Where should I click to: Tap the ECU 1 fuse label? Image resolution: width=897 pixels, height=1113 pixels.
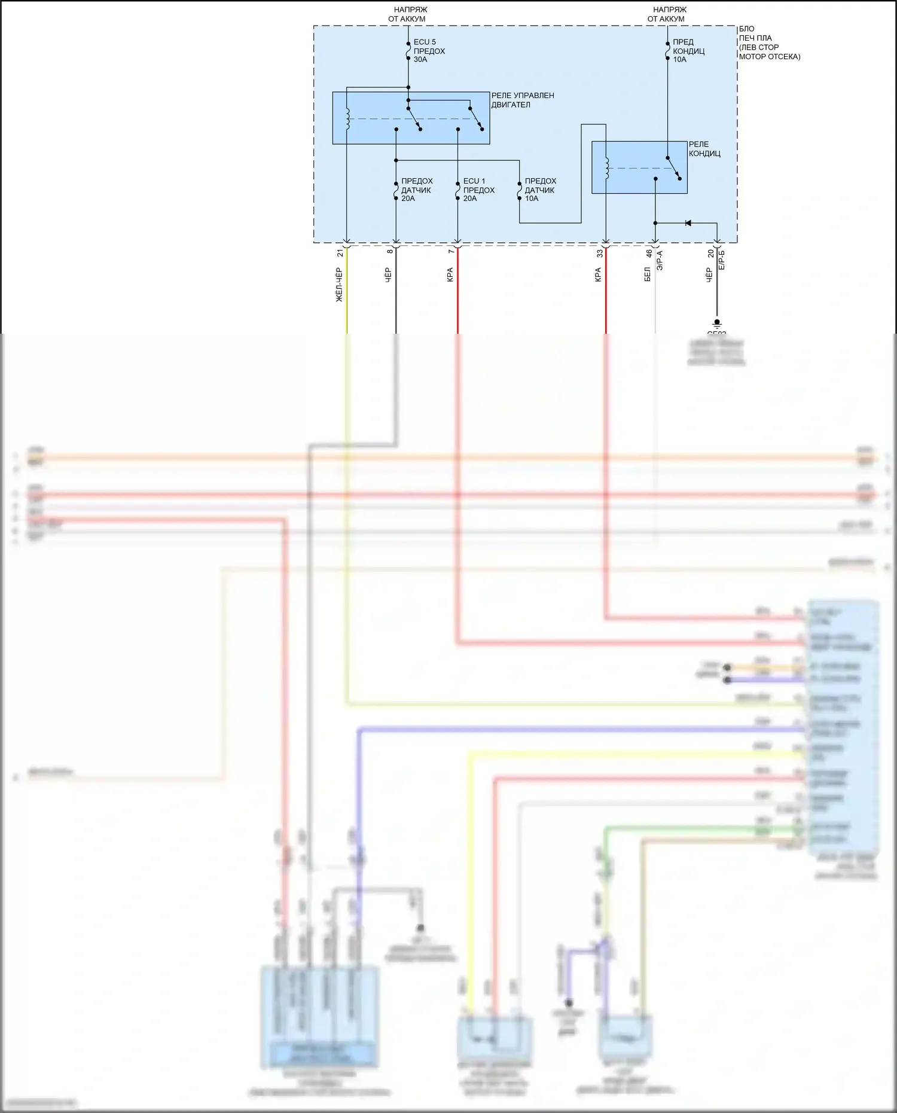(x=478, y=190)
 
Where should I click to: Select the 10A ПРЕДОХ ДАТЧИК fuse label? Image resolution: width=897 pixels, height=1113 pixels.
(x=540, y=190)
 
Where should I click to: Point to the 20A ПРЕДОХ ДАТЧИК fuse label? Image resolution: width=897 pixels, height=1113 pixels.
(x=416, y=190)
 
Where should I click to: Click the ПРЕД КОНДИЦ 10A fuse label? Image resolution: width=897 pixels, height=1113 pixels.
(x=688, y=51)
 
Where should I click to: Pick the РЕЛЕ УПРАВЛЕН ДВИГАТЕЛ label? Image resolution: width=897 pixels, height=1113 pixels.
(x=522, y=100)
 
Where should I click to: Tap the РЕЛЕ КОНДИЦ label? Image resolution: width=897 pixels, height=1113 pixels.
(x=704, y=149)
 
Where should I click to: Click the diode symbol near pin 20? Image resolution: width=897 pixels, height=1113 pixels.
(x=688, y=223)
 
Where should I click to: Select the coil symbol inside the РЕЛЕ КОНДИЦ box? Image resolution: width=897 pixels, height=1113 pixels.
(x=606, y=168)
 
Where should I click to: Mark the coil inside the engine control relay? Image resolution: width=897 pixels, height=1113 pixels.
(x=347, y=119)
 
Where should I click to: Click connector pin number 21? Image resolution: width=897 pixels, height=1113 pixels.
(x=340, y=253)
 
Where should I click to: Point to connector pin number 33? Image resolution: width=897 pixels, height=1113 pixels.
(x=600, y=253)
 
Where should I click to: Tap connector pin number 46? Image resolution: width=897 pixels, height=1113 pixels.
(x=649, y=253)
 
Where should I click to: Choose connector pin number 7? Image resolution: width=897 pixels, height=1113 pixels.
(x=451, y=251)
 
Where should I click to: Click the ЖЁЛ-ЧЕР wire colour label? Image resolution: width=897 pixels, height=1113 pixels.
(x=339, y=285)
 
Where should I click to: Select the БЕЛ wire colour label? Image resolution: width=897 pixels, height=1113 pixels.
(x=648, y=275)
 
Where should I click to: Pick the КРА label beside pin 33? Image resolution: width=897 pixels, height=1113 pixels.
(x=598, y=275)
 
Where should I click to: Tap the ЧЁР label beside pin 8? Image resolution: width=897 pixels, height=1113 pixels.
(x=388, y=275)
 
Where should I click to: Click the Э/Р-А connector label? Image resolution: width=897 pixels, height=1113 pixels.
(x=660, y=261)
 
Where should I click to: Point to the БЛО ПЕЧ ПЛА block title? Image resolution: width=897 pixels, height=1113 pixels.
(x=768, y=42)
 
